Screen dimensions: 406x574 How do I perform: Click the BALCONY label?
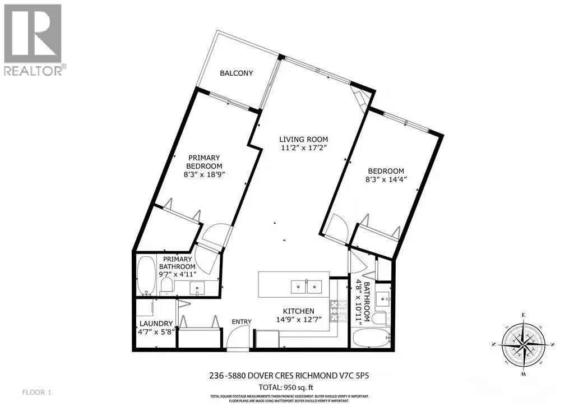click(236, 73)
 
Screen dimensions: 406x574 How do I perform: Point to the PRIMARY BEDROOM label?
click(205, 162)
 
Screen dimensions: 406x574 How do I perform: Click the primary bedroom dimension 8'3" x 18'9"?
click(205, 175)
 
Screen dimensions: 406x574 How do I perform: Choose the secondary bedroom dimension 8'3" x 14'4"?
click(386, 180)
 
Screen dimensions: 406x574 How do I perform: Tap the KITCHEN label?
click(298, 311)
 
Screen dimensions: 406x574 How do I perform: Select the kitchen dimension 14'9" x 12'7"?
click(298, 320)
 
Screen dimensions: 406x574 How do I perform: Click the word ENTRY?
click(242, 321)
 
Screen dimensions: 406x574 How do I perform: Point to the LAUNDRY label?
click(152, 323)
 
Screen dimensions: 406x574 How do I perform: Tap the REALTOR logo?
click(34, 39)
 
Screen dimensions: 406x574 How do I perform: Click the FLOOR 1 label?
click(36, 391)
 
